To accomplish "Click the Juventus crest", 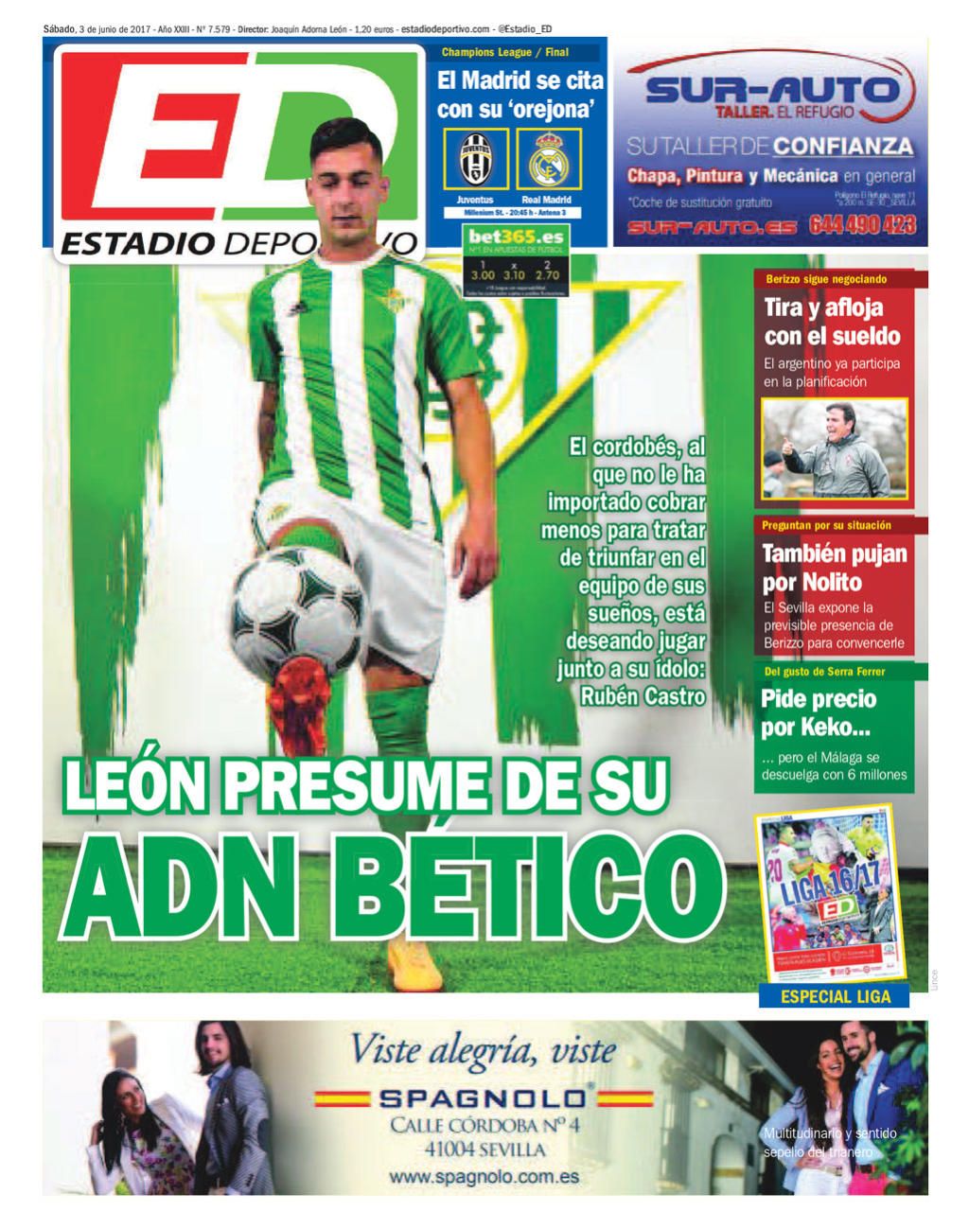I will (x=476, y=160).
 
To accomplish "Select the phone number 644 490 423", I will (x=862, y=225).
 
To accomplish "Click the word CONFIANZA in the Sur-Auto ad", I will (x=842, y=147).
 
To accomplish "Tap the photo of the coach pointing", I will (x=834, y=448).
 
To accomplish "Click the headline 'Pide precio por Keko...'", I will (x=819, y=713).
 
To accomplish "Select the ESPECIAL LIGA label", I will (x=835, y=996).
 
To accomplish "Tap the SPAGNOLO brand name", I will (x=483, y=1098).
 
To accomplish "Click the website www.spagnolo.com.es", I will (x=484, y=1178).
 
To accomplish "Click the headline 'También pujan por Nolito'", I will (x=834, y=567).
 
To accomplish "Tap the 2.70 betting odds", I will (x=547, y=275).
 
